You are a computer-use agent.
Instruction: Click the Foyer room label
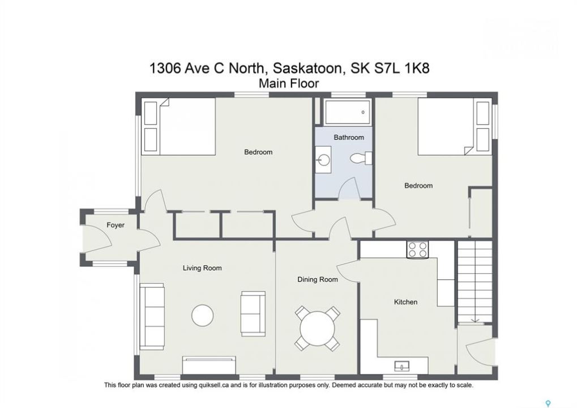[116, 225]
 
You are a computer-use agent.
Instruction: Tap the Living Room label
[202, 268]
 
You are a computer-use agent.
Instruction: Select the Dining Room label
[318, 279]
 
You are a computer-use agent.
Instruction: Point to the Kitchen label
[405, 302]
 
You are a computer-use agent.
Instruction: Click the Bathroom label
[349, 137]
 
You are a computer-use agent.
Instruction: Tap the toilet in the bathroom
[361, 158]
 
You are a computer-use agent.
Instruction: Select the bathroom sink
[323, 160]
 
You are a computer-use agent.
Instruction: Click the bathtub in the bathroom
[347, 112]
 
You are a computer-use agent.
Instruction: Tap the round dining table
[318, 328]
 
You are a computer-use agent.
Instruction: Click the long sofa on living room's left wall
[152, 317]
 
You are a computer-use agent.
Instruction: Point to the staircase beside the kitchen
[475, 282]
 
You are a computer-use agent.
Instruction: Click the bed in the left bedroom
[179, 126]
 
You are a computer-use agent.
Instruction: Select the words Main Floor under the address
[289, 84]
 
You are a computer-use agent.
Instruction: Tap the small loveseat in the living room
[253, 313]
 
